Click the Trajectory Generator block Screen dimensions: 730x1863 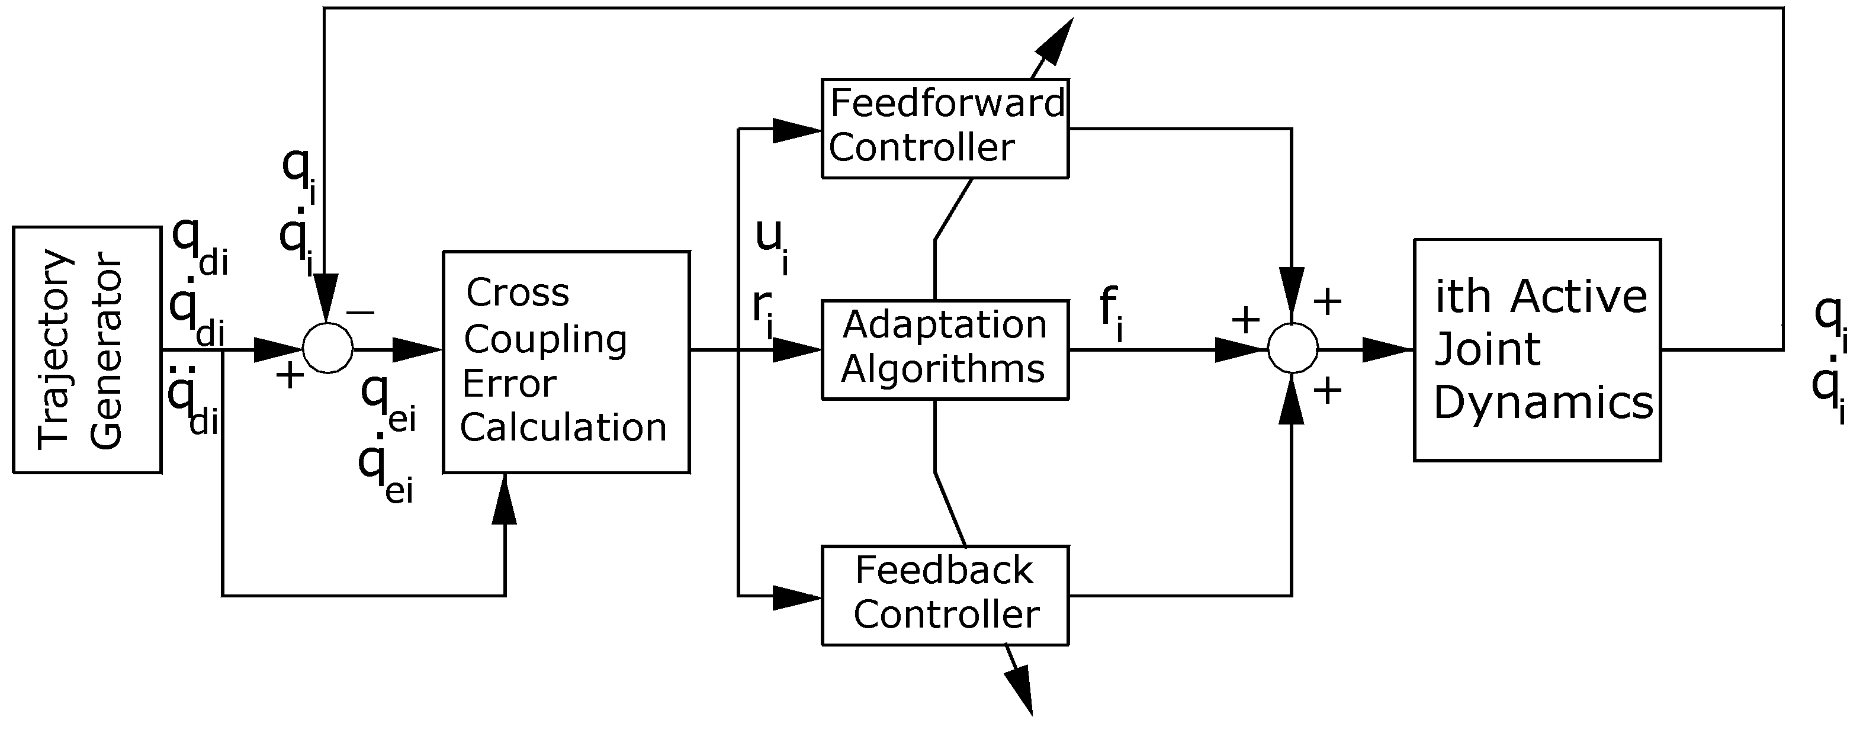(87, 350)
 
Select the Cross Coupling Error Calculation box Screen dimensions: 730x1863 (566, 361)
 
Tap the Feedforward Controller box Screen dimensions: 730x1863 (945, 128)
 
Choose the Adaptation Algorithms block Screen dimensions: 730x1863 (945, 350)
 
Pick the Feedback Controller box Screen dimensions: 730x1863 (945, 595)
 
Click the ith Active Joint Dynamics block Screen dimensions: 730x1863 (1537, 350)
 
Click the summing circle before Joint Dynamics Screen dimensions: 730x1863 (1292, 349)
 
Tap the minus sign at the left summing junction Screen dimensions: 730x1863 (361, 312)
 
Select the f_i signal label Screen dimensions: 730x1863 (1112, 312)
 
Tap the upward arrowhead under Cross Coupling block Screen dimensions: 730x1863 (504, 500)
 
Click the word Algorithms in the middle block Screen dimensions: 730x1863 (943, 369)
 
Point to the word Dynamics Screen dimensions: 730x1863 (1543, 403)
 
